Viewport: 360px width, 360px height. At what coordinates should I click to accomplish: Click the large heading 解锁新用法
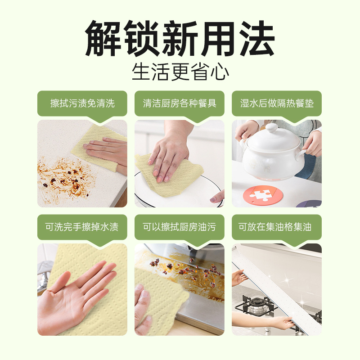coord(180,38)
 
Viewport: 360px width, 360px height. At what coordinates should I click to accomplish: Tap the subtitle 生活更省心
coord(180,72)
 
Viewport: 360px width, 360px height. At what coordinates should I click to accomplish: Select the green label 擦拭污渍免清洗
coord(82,103)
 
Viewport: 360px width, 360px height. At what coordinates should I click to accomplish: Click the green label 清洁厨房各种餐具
coord(180,103)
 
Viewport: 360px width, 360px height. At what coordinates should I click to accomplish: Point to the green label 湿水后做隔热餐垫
coord(277,103)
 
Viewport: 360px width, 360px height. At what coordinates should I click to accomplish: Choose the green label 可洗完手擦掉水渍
coord(82,227)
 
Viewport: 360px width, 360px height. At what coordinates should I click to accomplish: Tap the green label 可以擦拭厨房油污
coord(180,227)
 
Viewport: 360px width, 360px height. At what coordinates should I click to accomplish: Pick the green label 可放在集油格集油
coord(277,227)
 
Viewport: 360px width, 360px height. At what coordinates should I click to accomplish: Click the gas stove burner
coord(254,305)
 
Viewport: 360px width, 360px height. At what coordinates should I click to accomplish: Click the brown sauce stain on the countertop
coord(65,180)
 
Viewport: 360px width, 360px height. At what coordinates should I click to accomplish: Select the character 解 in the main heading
coord(103,38)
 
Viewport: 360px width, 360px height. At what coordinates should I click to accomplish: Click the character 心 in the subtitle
coord(220,72)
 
